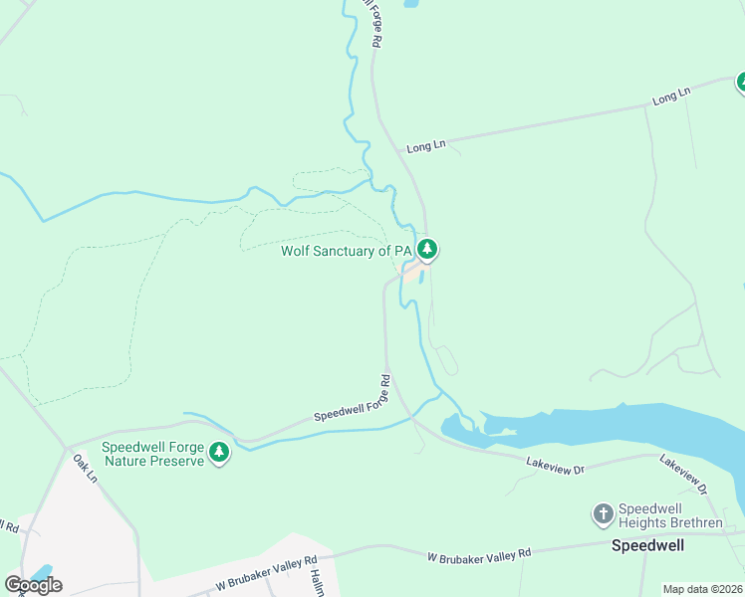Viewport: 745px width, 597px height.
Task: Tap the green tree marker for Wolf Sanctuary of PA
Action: pos(427,248)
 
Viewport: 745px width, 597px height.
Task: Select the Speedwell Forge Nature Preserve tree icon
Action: pos(219,454)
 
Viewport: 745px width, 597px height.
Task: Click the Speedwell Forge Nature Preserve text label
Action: pos(151,454)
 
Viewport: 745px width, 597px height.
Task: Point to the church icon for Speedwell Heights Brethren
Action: pos(603,514)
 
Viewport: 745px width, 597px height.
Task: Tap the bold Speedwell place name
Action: pos(648,546)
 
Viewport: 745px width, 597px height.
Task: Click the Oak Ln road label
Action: pos(86,471)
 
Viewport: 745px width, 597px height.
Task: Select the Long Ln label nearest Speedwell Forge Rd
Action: pos(425,146)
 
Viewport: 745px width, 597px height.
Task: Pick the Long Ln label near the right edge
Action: pos(671,97)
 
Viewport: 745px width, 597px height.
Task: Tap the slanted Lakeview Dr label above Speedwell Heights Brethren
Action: pos(683,475)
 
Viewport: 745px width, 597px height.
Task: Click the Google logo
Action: pos(33,585)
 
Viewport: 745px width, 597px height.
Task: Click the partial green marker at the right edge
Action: pos(740,84)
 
